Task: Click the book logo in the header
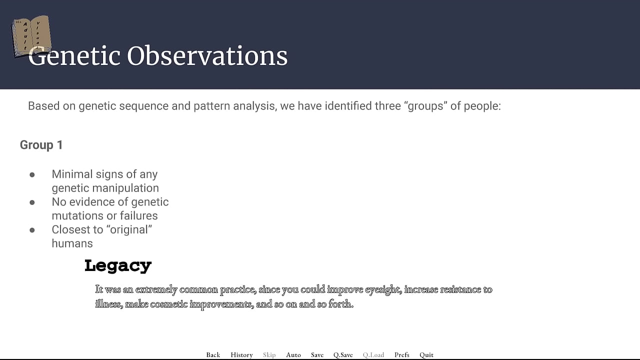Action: point(31,36)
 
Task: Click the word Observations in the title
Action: point(207,56)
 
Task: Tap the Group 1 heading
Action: point(41,145)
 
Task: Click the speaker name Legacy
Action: point(118,266)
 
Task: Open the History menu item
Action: point(241,355)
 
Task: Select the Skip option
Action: point(269,355)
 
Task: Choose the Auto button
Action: point(293,355)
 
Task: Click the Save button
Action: point(317,355)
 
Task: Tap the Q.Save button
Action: point(343,355)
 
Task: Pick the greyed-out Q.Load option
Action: point(373,355)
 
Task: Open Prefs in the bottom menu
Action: point(402,355)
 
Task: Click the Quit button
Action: point(426,355)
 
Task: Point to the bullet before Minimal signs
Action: point(32,174)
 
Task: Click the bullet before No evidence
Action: point(32,202)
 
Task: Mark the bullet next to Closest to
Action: point(32,230)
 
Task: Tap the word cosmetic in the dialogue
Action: point(169,304)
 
